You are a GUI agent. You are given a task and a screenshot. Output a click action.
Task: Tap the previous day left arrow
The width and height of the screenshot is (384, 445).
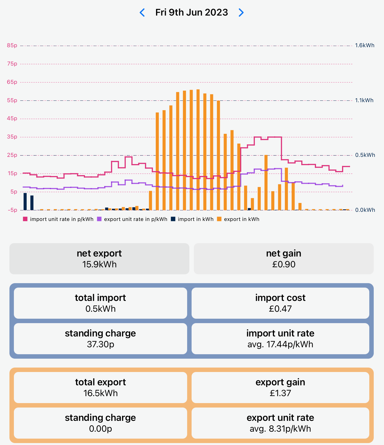[142, 12]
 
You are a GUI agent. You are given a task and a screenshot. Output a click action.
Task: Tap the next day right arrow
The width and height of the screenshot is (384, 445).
[241, 12]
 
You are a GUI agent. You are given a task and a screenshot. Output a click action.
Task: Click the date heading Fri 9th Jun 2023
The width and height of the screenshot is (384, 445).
[192, 12]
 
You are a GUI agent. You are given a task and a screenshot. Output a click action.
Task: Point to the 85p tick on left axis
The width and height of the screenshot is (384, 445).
[12, 45]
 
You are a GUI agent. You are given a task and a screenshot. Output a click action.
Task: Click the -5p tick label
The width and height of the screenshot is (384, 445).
[12, 210]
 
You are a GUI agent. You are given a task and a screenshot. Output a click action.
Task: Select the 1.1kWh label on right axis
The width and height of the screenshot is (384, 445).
[364, 100]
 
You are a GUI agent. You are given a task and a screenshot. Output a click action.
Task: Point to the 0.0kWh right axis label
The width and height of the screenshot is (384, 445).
[365, 210]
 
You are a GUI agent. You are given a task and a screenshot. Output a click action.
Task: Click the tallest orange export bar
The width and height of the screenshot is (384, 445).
[198, 150]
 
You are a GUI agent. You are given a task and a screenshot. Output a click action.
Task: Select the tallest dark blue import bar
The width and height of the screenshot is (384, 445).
[25, 202]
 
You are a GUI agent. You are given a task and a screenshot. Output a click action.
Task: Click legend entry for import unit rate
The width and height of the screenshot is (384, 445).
[58, 219]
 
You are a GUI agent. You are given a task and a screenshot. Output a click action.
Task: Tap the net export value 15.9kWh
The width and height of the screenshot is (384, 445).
[99, 264]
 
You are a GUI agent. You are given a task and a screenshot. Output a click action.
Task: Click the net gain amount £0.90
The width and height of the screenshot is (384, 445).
[283, 264]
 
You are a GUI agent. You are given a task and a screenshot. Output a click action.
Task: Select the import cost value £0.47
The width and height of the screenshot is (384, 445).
[280, 309]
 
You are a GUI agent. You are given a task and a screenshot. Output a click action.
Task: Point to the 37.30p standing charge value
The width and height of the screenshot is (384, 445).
[101, 344]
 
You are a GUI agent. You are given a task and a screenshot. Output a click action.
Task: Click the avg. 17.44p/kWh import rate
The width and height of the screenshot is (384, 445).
[280, 344]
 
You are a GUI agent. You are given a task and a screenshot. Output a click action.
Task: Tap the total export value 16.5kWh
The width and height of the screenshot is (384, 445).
[101, 393]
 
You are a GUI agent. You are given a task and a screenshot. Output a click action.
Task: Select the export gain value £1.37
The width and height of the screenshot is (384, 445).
[280, 393]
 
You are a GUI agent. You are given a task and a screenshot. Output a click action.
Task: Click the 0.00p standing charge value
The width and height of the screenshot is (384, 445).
[101, 429]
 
